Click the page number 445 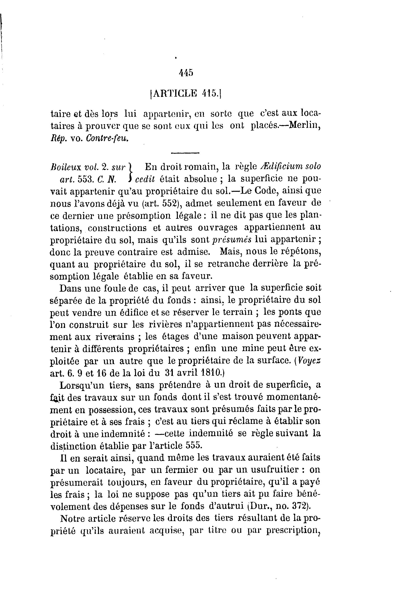click(186, 73)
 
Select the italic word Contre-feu click(107, 139)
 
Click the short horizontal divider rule click(185, 153)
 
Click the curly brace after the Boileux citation click(131, 172)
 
